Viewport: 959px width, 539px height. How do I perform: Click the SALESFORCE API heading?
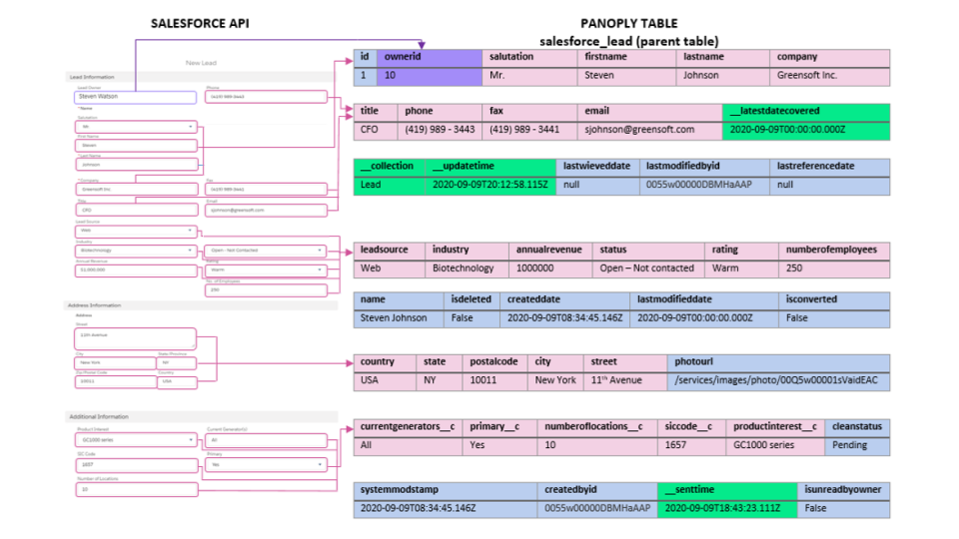[x=201, y=23]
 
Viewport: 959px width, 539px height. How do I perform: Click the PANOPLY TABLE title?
[x=628, y=23]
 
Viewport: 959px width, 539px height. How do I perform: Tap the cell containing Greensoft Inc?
[x=807, y=75]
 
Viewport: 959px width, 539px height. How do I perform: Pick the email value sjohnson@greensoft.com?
[x=640, y=129]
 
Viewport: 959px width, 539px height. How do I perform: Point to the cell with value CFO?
[x=370, y=129]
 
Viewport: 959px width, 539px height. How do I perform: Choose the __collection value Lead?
[x=371, y=185]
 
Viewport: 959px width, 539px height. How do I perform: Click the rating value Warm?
[x=725, y=268]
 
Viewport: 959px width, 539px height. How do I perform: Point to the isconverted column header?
[x=811, y=299]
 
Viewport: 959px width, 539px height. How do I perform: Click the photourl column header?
[x=694, y=361]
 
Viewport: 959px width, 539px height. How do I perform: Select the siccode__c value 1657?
[x=676, y=445]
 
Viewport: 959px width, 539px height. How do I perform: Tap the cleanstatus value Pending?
[x=852, y=445]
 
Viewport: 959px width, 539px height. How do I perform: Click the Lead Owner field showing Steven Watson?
[x=133, y=98]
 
